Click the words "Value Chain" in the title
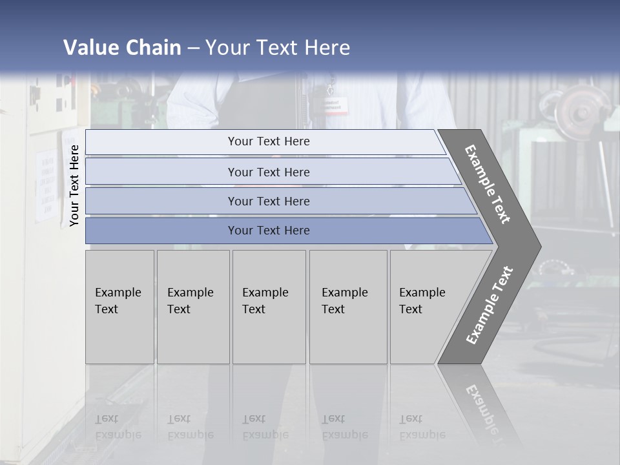[x=122, y=48]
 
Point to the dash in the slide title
[x=193, y=48]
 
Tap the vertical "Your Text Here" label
[x=74, y=185]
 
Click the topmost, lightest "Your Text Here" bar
[x=268, y=141]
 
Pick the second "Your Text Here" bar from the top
[x=268, y=172]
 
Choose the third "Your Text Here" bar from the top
[x=268, y=201]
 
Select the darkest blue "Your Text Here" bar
[x=268, y=231]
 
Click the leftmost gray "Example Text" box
[x=119, y=307]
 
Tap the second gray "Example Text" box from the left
[x=193, y=307]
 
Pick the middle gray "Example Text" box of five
[x=269, y=307]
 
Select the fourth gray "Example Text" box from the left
[x=348, y=307]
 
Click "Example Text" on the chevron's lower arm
[x=490, y=305]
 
